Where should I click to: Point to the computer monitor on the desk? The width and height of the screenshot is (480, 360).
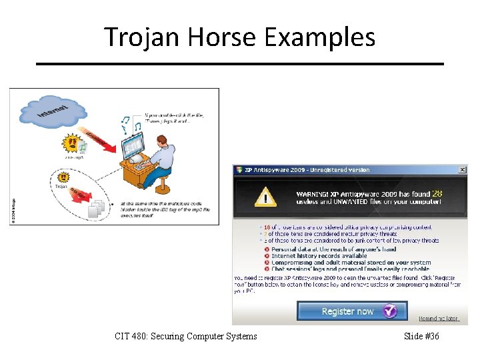coord(133,144)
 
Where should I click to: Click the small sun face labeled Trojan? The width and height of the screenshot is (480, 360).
coord(64,178)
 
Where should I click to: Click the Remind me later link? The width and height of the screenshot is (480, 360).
coord(439,319)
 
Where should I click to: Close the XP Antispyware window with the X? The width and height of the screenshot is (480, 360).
coord(462,170)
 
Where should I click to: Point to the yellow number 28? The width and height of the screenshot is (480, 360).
coord(437,194)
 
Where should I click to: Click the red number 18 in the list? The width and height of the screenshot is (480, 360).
coord(267,227)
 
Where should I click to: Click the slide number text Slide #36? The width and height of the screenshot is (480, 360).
coord(421,336)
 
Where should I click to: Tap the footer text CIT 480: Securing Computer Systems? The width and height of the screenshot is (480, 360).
coord(185,336)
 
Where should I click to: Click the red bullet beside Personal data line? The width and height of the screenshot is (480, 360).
coord(266,249)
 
